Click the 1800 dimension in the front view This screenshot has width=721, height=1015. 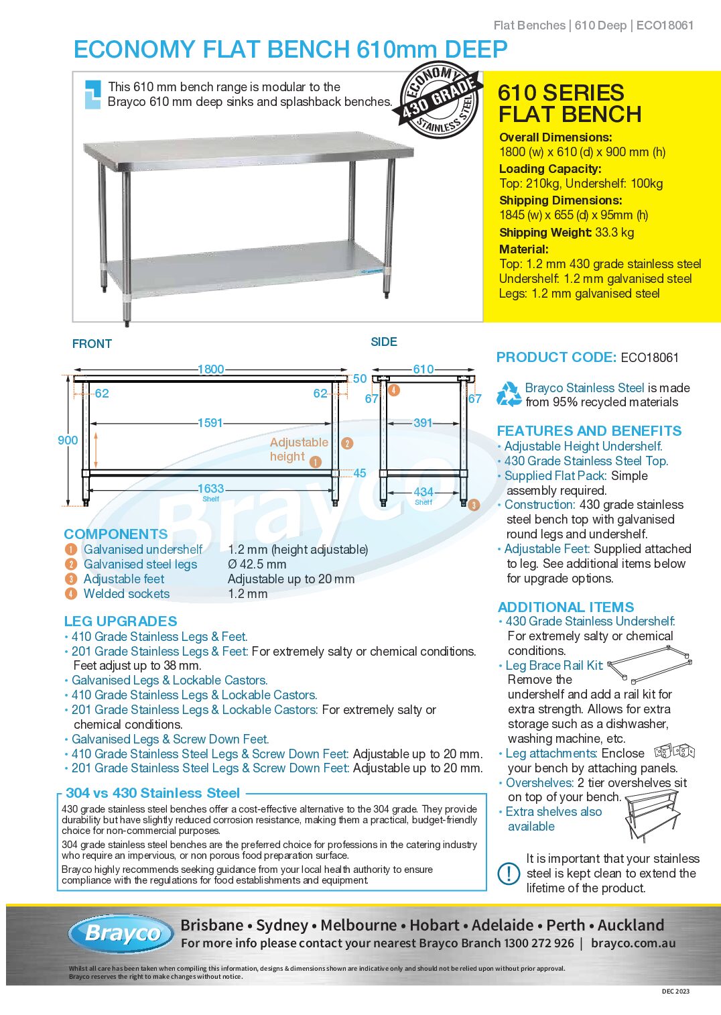pyautogui.click(x=210, y=369)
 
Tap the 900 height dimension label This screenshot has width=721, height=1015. pyautogui.click(x=68, y=440)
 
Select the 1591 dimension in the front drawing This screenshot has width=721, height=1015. pyautogui.click(x=210, y=423)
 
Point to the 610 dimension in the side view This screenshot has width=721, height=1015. pyautogui.click(x=423, y=369)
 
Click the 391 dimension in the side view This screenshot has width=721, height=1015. pyautogui.click(x=423, y=423)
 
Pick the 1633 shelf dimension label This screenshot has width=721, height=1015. pyautogui.click(x=210, y=489)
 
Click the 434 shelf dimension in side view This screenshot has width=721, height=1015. pyautogui.click(x=423, y=492)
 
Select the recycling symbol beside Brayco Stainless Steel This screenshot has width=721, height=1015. pyautogui.click(x=509, y=394)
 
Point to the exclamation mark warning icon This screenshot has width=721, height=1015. pyautogui.click(x=509, y=874)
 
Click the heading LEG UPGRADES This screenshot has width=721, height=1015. pyautogui.click(x=121, y=621)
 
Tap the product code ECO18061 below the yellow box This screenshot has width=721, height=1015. pyautogui.click(x=649, y=358)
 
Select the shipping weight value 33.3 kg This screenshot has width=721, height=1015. pyautogui.click(x=614, y=233)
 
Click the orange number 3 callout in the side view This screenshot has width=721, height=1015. pyautogui.click(x=474, y=505)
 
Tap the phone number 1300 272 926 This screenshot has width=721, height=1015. pyautogui.click(x=539, y=943)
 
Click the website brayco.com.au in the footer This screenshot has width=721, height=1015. pyautogui.click(x=633, y=943)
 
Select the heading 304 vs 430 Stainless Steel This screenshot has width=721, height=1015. pyautogui.click(x=153, y=793)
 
